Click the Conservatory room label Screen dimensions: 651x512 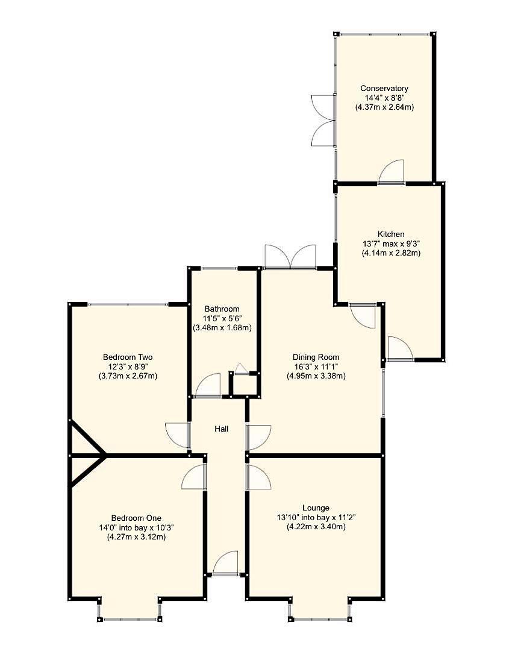pyautogui.click(x=384, y=88)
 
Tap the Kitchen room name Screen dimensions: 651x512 pyautogui.click(x=391, y=234)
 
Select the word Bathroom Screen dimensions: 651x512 pyautogui.click(x=222, y=309)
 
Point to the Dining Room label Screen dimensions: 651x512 pyautogui.click(x=316, y=357)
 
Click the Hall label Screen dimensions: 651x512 pyautogui.click(x=221, y=429)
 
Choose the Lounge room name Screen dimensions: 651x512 pyautogui.click(x=316, y=508)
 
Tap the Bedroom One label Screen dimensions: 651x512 pyautogui.click(x=136, y=518)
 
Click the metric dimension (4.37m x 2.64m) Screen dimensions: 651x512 pyautogui.click(x=384, y=107)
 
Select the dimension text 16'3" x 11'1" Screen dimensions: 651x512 pyautogui.click(x=316, y=366)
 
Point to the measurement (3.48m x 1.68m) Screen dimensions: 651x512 pyautogui.click(x=222, y=328)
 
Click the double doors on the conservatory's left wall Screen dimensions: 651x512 pyautogui.click(x=323, y=120)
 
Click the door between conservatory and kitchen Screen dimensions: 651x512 pyautogui.click(x=392, y=172)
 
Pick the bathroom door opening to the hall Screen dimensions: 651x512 pyautogui.click(x=208, y=386)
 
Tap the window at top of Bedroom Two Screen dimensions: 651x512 pyautogui.click(x=128, y=304)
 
